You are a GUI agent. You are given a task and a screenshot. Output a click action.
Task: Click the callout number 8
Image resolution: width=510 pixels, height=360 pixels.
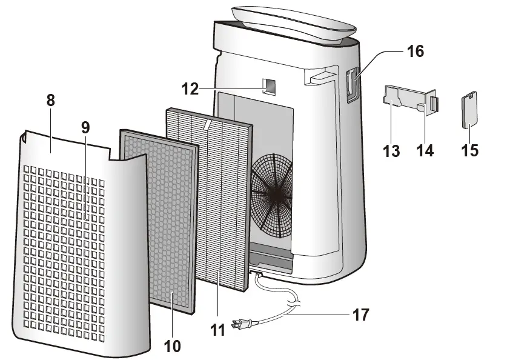50,101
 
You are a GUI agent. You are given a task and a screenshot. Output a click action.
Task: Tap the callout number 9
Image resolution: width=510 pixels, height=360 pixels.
85,128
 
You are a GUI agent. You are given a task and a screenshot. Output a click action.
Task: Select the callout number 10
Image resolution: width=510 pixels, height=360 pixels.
172,346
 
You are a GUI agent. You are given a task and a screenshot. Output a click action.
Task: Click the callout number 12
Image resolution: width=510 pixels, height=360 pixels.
190,88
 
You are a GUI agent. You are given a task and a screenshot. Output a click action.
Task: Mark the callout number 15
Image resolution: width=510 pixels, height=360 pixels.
469,149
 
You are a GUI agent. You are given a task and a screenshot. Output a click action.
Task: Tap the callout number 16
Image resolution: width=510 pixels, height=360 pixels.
416,52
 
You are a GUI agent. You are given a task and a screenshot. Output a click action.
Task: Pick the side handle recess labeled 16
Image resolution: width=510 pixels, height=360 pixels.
351,85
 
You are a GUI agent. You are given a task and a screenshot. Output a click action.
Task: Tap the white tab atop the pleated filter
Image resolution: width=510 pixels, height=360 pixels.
208,125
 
